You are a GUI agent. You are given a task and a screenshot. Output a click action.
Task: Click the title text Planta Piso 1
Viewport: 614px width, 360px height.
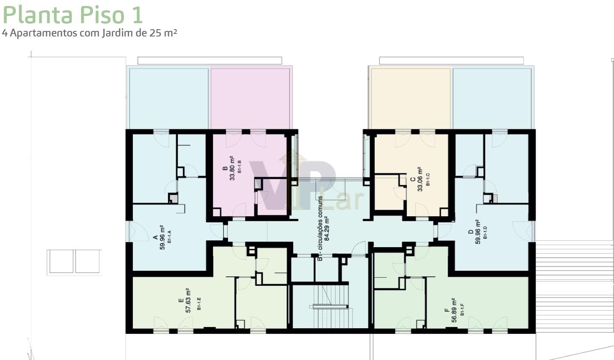[x=72, y=15]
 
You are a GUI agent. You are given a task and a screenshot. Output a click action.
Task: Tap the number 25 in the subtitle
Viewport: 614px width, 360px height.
[x=155, y=33]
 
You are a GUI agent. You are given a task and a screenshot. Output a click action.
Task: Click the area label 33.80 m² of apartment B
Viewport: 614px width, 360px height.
[x=232, y=168]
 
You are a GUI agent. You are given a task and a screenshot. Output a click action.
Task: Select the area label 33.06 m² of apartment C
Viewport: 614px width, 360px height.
[x=420, y=179]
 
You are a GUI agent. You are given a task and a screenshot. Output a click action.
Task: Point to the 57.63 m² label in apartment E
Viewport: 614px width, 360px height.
[x=188, y=300]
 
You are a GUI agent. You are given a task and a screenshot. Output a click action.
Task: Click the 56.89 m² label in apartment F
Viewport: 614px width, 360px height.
[x=454, y=310]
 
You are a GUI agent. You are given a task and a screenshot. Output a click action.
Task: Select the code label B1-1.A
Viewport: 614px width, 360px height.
[x=169, y=237]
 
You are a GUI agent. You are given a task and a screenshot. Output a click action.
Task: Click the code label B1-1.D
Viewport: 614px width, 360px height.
[x=485, y=233]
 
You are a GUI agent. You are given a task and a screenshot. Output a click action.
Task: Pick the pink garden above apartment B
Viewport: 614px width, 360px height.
[x=250, y=99]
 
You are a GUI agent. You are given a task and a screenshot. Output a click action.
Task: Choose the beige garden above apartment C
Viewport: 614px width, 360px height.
[x=411, y=99]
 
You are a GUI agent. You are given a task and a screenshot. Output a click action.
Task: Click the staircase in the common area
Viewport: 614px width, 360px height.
[x=330, y=306]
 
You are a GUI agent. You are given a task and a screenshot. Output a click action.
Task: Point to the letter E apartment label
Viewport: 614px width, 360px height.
[x=181, y=300]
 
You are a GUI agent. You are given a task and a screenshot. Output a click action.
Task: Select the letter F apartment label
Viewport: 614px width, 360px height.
[x=446, y=310]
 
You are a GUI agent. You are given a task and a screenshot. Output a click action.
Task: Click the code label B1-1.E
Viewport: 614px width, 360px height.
[x=199, y=304]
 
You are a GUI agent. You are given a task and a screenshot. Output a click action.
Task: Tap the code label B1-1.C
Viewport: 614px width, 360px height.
[x=428, y=179]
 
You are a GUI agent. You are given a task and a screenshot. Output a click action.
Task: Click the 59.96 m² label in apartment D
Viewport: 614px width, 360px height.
[x=478, y=231]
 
